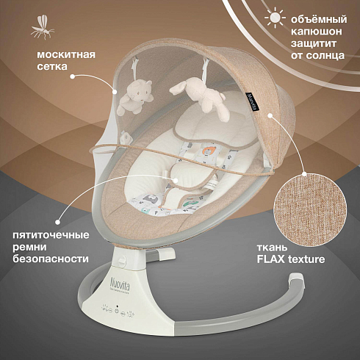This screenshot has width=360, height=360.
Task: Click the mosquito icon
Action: pos(43,27)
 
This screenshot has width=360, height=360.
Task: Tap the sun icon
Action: pos(275,17)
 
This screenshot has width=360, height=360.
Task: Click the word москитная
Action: pos(66,54)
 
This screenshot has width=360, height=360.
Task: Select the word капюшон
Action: pos(317,32)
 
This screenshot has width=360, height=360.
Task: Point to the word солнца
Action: pos(325,55)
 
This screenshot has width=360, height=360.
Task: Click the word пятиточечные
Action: pos(51,235)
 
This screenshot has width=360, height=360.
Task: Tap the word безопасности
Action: pos(51,259)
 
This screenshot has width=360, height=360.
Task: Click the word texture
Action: pos(306,259)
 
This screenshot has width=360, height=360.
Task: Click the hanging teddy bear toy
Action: pos(135,96)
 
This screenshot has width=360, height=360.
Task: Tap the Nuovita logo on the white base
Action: pos(120,284)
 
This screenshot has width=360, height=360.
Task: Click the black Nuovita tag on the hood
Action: pos(252,102)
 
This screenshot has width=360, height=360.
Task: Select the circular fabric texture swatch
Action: pos(311,209)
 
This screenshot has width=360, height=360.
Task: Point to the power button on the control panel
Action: pos(117,311)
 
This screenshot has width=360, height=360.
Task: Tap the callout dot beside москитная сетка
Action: pos(72,76)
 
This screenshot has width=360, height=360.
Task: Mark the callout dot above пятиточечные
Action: pos(57,223)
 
